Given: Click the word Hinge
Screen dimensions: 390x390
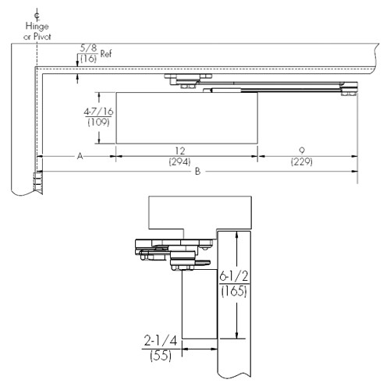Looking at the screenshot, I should tap(37, 26).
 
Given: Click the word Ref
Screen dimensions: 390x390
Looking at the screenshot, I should tap(105, 58).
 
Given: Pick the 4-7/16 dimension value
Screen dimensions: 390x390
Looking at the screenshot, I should tap(98, 112).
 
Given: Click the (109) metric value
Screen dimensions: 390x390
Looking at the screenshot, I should tap(97, 122).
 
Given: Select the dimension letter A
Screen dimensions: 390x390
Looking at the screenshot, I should tap(80, 156).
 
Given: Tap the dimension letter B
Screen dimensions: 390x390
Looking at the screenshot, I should tap(198, 169).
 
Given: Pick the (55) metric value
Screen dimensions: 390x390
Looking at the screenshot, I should tap(161, 355).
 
